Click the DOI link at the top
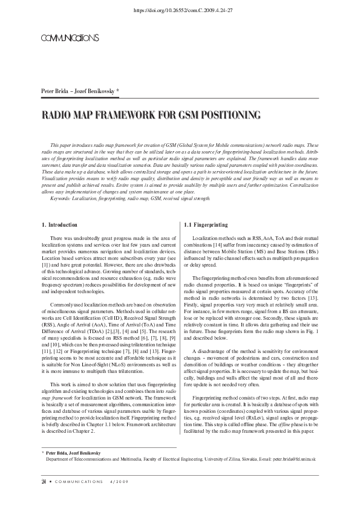coord(180,11)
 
